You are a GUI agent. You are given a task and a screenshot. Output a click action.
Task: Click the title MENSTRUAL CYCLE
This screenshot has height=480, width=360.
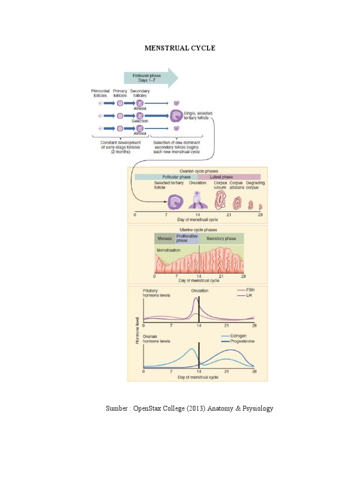click(180, 48)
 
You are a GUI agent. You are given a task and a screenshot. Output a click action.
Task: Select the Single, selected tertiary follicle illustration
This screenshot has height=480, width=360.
click(177, 115)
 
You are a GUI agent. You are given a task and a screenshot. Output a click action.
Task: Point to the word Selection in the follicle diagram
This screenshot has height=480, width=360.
click(140, 121)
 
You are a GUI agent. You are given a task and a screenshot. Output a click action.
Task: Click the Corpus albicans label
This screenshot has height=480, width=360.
click(236, 186)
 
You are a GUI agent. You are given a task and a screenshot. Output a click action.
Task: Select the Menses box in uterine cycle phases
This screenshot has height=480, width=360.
click(165, 239)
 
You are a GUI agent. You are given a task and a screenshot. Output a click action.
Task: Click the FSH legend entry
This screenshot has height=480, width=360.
click(246, 290)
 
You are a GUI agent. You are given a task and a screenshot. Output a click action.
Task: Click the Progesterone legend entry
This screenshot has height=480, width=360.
click(237, 341)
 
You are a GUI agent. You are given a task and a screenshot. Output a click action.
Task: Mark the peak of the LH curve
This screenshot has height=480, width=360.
click(195, 300)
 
